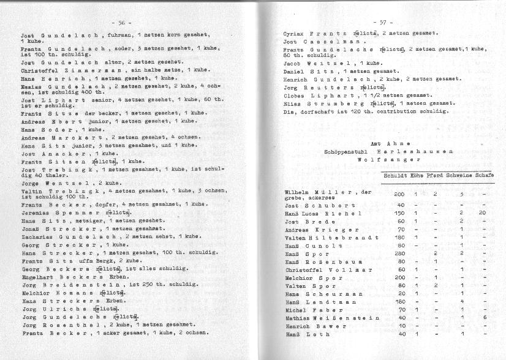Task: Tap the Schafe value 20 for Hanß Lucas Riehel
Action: (482, 213)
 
